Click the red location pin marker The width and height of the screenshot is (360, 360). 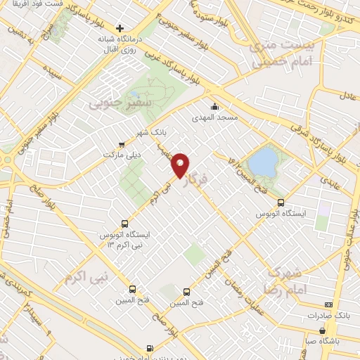pyautogui.click(x=180, y=165)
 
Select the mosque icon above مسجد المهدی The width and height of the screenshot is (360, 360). pyautogui.click(x=215, y=103)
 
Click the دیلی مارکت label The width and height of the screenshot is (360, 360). pyautogui.click(x=122, y=153)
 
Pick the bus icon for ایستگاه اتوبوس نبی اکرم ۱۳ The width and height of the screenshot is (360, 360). pyautogui.click(x=125, y=219)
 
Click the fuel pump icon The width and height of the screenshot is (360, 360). pyautogui.click(x=150, y=348)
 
